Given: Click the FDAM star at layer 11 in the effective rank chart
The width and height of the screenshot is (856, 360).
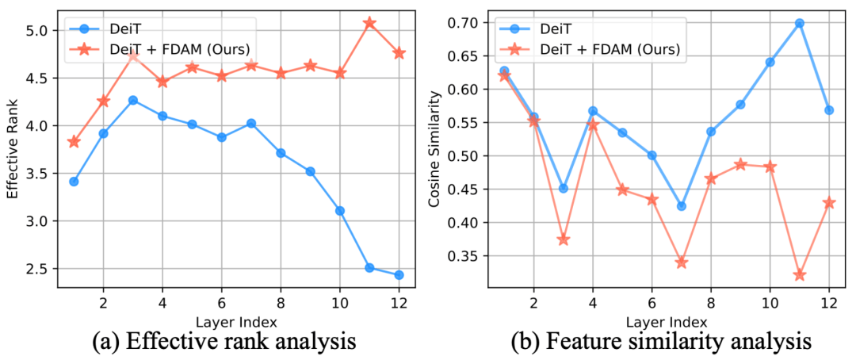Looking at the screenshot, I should [370, 24].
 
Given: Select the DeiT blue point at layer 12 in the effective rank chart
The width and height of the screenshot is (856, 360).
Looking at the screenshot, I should [399, 275].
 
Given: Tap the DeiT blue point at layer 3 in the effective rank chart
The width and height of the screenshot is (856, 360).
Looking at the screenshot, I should [133, 100].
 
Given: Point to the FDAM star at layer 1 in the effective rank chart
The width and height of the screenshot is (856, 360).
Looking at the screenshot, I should [74, 142].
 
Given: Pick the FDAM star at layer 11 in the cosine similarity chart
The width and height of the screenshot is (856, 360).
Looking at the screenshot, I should [799, 275].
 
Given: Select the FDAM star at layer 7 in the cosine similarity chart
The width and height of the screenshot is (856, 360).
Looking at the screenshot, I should [681, 262].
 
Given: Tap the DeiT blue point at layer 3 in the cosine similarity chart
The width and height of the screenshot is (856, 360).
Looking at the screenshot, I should [564, 189].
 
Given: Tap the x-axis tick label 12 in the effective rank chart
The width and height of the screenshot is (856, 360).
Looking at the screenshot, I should [399, 302].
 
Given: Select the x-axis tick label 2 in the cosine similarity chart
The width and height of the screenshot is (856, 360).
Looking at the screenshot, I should [533, 302].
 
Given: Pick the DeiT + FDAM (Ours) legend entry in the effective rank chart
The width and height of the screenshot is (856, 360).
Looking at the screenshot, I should [182, 49].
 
